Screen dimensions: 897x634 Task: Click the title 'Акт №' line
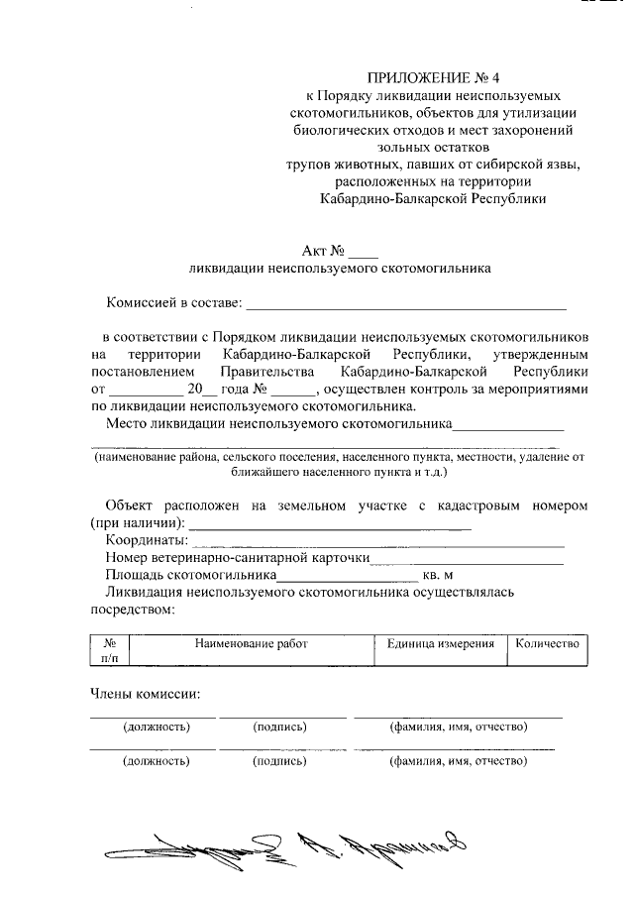click(x=340, y=249)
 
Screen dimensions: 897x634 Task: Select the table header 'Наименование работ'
click(x=252, y=644)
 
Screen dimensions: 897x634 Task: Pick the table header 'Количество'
click(x=547, y=644)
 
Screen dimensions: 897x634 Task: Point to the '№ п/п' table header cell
click(x=110, y=650)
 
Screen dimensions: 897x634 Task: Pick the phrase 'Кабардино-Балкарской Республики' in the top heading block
click(x=434, y=198)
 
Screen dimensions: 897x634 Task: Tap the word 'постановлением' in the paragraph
click(x=138, y=372)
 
